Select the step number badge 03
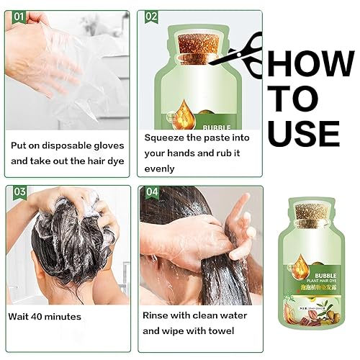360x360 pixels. tap(19, 192)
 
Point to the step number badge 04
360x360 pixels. tap(152, 192)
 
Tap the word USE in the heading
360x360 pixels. tap(302, 132)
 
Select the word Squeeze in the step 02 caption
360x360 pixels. tap(165, 137)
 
